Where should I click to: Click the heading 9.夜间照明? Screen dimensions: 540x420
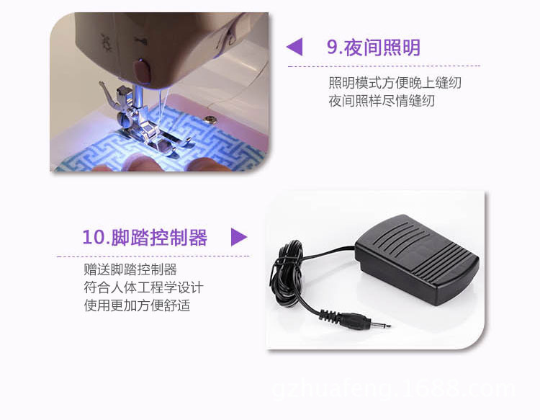(x=373, y=48)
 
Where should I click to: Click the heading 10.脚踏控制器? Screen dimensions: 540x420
(x=145, y=238)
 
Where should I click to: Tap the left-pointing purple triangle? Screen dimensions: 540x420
(x=294, y=47)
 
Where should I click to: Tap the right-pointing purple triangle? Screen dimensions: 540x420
(x=239, y=237)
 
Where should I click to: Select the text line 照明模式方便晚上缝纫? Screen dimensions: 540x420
(x=395, y=83)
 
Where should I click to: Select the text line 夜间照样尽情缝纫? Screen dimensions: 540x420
(x=382, y=101)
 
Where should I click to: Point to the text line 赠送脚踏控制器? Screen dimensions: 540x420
(x=130, y=269)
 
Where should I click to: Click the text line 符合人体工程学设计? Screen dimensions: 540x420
(x=143, y=287)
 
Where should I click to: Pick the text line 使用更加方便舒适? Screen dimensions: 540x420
(x=137, y=305)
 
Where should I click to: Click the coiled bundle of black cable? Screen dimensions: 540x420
(x=287, y=272)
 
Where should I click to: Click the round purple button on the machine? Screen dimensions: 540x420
(x=142, y=71)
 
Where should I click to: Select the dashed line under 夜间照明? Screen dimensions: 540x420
(x=384, y=66)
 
